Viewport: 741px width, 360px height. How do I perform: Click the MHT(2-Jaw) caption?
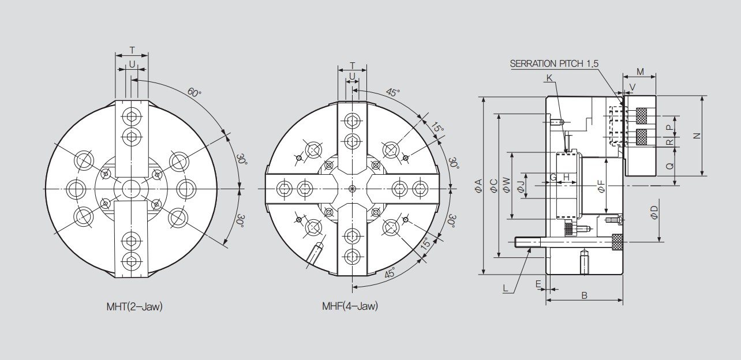[x=134, y=306]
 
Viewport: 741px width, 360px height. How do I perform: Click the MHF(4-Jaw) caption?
[x=350, y=306]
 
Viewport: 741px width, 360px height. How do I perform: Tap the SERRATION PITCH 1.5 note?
[x=554, y=63]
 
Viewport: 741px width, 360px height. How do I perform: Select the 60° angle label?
[x=194, y=92]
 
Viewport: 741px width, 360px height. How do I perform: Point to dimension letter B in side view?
[x=584, y=295]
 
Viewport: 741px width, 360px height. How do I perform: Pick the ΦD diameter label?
[x=654, y=212]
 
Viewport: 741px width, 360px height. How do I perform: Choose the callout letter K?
[x=549, y=78]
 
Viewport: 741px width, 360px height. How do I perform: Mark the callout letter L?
[x=505, y=288]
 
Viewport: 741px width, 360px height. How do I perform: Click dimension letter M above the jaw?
[x=640, y=72]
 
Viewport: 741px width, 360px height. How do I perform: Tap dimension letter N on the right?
[x=697, y=136]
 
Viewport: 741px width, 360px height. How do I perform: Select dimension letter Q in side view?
[x=670, y=166]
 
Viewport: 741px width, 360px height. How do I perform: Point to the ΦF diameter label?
[x=601, y=186]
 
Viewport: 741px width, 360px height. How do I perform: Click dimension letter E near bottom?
[x=538, y=284]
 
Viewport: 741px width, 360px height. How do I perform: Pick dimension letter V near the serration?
[x=632, y=87]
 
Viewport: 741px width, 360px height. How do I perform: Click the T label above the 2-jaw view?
[x=132, y=50]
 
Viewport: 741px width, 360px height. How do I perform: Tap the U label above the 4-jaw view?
[x=352, y=76]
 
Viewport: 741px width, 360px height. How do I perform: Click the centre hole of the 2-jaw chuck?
[x=132, y=189]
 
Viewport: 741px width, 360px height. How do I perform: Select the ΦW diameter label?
[x=506, y=185]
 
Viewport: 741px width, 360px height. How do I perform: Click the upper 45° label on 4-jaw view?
[x=393, y=92]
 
